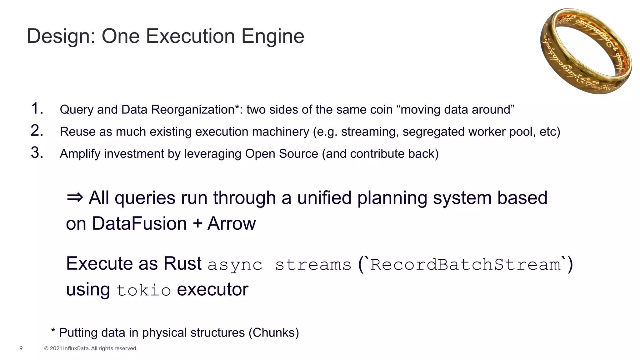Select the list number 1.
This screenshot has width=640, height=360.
37,108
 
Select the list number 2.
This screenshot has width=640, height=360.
37,131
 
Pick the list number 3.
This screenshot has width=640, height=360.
37,153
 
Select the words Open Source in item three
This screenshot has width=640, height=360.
281,154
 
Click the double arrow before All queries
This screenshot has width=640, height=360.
75,197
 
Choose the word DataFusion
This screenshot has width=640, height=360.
139,224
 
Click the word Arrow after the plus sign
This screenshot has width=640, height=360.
232,224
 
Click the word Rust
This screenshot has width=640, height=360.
182,263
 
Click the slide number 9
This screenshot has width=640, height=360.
21,348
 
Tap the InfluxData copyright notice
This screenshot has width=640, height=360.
91,348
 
